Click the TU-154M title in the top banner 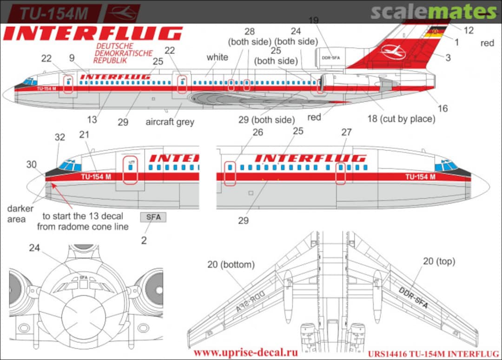[x=53, y=13]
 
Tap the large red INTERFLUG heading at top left [x=93, y=33]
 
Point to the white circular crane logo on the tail [x=393, y=52]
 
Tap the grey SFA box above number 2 [x=153, y=217]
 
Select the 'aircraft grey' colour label [x=170, y=122]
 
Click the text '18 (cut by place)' [x=401, y=119]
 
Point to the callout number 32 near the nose [x=59, y=137]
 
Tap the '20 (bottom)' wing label [x=231, y=265]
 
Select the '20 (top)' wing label [x=438, y=261]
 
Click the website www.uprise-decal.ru [x=245, y=352]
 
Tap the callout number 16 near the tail [x=443, y=108]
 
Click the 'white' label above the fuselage [x=217, y=57]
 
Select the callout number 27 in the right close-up [x=346, y=132]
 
